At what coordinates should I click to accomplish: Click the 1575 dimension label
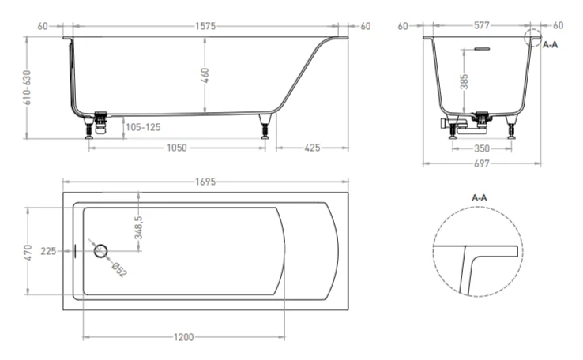coord(205,26)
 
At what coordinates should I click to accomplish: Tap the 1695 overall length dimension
coord(205,182)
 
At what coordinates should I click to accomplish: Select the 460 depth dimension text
coord(205,76)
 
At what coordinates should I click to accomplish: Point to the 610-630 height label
coord(27,88)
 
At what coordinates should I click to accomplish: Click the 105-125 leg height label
coord(143,127)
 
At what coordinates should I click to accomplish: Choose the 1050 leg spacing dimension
coord(177,148)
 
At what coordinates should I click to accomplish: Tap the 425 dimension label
coord(312,148)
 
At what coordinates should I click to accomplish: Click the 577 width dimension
coord(482,25)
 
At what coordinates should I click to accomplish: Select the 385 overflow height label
coord(464,82)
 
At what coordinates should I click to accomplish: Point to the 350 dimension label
coord(482,148)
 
